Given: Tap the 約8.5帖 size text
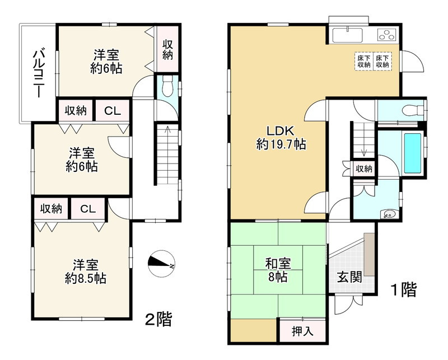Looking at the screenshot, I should click(85, 278).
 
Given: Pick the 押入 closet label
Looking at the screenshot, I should click(302, 331).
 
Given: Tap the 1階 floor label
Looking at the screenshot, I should click(403, 289).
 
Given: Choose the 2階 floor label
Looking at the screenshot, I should click(158, 319).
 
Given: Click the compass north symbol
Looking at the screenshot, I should click(162, 263).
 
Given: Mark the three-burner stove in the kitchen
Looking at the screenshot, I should click(387, 34).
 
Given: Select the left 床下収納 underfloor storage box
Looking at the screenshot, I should click(364, 61).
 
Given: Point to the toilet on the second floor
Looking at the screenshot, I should click(167, 87).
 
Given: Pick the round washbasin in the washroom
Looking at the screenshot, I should click(388, 213).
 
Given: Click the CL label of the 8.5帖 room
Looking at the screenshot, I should click(87, 209).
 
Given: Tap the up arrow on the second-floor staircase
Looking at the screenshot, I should click(166, 132).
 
